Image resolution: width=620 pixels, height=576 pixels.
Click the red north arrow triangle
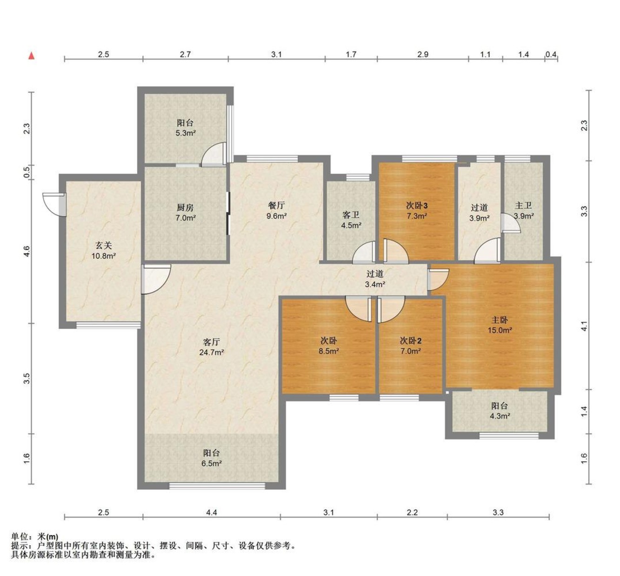[x=31, y=56]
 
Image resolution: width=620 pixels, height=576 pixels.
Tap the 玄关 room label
[x=104, y=246]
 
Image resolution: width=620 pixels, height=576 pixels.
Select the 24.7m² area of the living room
[x=212, y=353]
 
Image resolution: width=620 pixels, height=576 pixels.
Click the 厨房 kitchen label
[x=185, y=207]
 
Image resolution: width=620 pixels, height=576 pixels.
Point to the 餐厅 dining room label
[x=277, y=205]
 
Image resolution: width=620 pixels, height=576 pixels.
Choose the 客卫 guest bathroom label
[x=351, y=215]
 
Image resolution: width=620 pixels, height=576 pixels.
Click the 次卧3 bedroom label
[x=417, y=205]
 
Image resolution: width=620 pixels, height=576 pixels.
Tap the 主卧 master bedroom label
[x=500, y=320]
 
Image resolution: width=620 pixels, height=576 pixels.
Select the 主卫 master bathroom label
[x=524, y=205]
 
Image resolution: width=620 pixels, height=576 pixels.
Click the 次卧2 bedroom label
[x=411, y=341]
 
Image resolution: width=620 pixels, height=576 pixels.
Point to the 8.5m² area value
[x=329, y=352]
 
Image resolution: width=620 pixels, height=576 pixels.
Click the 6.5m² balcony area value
[x=212, y=464]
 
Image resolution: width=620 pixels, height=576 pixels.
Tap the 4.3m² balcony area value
[x=500, y=416]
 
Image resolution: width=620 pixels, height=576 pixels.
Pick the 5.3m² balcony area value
[x=186, y=133]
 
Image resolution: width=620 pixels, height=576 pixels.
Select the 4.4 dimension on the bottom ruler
[x=211, y=512]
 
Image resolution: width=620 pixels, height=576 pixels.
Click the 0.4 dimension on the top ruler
[x=551, y=54]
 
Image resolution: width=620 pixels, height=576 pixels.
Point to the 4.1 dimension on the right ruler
[x=584, y=326]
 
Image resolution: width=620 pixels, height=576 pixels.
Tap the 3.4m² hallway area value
[x=375, y=284]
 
